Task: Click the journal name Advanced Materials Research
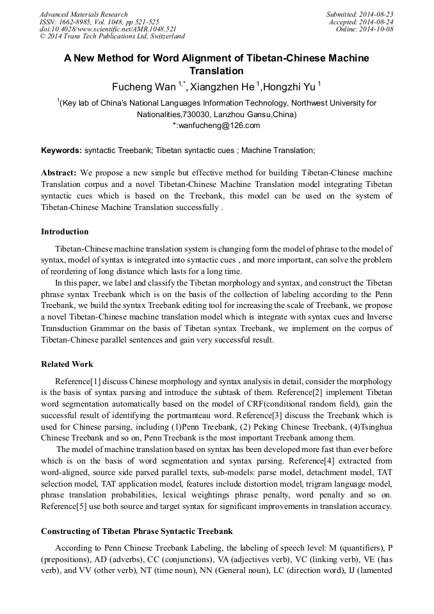pos(83,14)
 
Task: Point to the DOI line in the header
pos(108,29)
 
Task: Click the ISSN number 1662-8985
pos(76,22)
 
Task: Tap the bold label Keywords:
pos(61,150)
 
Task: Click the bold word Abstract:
pos(59,174)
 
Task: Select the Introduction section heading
pos(65,232)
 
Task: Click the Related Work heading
pos(67,364)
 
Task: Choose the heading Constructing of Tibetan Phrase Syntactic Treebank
pos(136,531)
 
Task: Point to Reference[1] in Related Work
pos(76,382)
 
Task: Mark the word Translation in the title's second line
pos(217,71)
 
